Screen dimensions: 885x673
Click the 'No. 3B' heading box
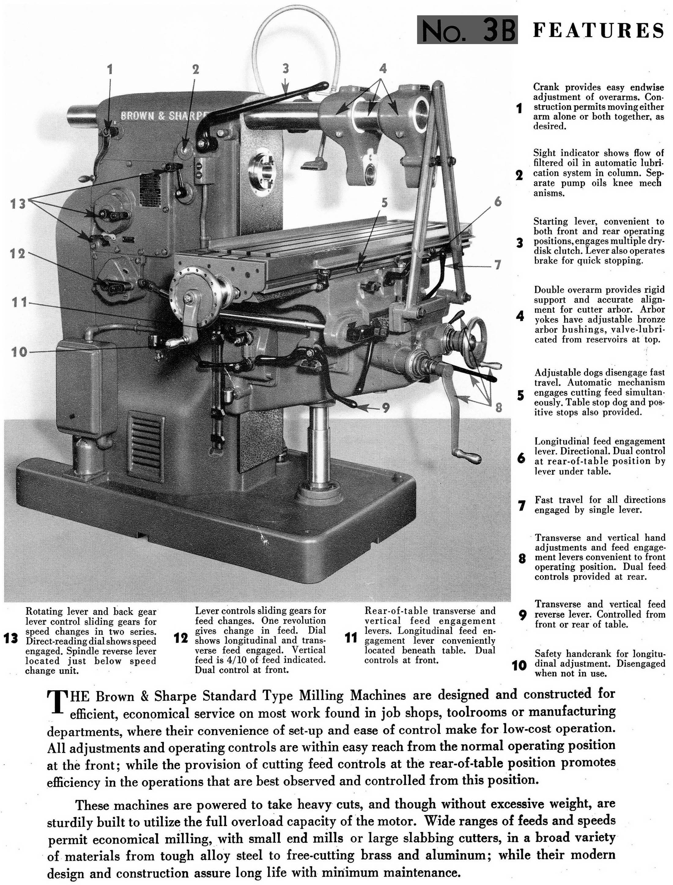pos(467,30)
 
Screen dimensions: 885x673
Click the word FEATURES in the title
pos(598,31)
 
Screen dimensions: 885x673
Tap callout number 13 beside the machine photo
pos(18,204)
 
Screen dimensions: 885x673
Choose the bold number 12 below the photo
pos(181,638)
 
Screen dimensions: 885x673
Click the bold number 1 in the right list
pos(520,108)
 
